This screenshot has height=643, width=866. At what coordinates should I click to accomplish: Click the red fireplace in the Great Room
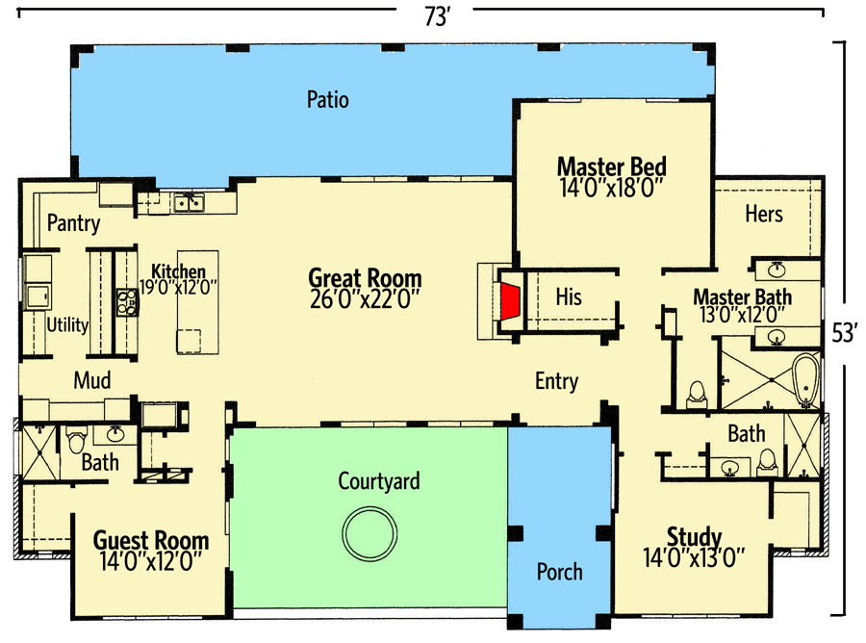509,300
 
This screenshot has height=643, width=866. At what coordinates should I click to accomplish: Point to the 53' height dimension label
844,333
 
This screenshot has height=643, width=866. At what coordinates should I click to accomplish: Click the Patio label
327,99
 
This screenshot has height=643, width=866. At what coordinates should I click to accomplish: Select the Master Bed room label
611,166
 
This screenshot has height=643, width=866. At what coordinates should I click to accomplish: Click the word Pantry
73,224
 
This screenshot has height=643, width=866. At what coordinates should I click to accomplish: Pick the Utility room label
67,325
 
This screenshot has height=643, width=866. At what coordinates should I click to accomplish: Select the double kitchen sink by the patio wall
188,202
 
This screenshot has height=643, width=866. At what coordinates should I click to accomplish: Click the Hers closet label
764,214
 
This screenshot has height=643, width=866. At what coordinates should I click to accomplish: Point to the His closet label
569,297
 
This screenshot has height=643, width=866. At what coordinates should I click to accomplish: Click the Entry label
556,382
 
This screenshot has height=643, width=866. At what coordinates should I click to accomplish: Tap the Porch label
559,572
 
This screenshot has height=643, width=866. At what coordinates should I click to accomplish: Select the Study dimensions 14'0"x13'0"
693,555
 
